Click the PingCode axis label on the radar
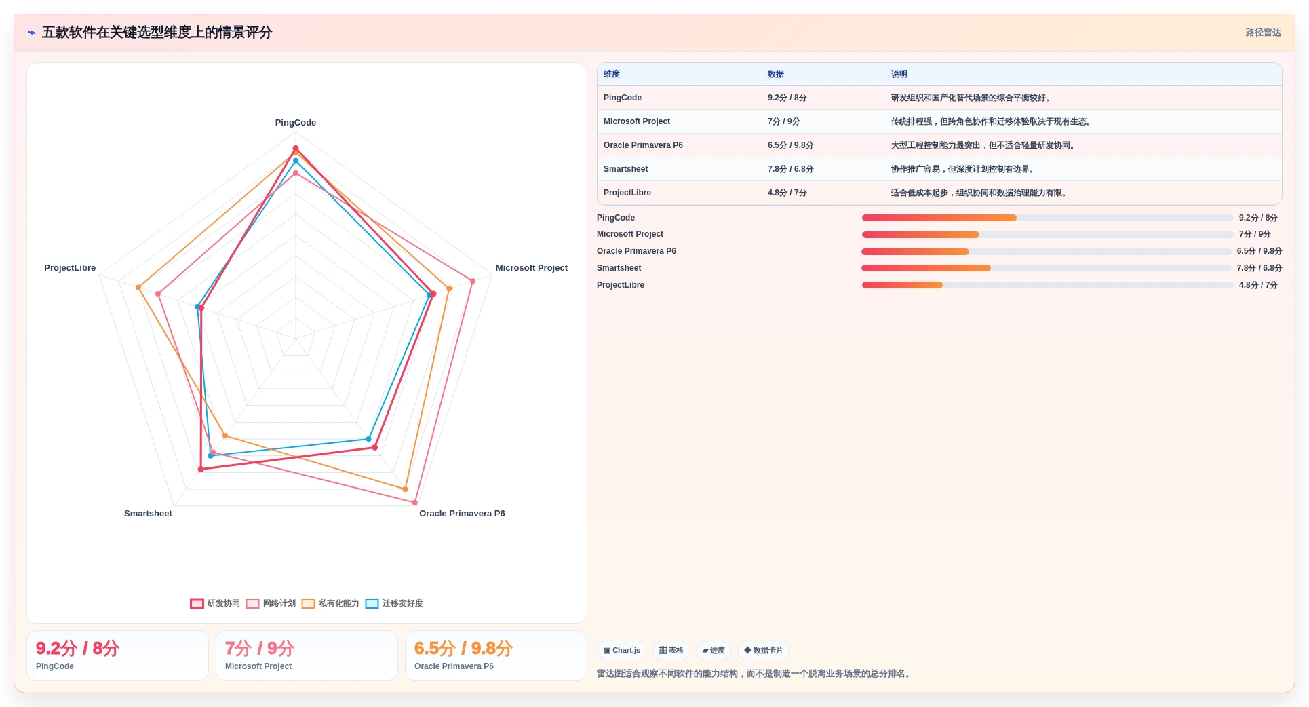(x=295, y=123)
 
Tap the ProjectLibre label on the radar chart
(x=70, y=268)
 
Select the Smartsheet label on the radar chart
(x=148, y=514)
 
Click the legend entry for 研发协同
(x=215, y=603)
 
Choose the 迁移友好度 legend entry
(x=394, y=603)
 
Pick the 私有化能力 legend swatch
(x=308, y=604)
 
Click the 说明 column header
(x=899, y=74)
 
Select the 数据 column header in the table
(x=775, y=74)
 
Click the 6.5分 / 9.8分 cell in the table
(x=790, y=145)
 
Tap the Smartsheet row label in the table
(x=625, y=169)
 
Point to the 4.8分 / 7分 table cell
(x=787, y=193)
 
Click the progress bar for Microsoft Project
(x=1047, y=235)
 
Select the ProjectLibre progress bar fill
(x=902, y=285)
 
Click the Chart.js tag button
(x=622, y=650)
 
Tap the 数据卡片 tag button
(x=763, y=650)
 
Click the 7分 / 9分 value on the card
(x=260, y=649)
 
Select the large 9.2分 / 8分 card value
(x=77, y=649)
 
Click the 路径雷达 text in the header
(x=1263, y=33)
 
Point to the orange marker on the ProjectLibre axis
(x=138, y=288)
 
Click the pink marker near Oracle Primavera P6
(x=415, y=502)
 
